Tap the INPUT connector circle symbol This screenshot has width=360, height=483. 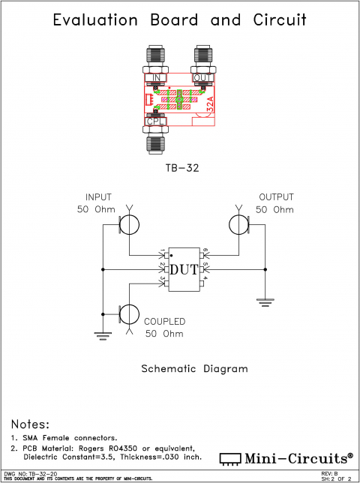(x=129, y=223)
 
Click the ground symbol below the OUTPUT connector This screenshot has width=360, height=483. (x=264, y=301)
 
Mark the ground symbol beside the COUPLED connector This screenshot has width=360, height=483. (x=102, y=335)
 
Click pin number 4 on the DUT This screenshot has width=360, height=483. (x=205, y=280)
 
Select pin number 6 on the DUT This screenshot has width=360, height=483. (x=205, y=251)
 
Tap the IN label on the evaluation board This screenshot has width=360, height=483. (x=156, y=79)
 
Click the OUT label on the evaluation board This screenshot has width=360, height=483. (x=202, y=79)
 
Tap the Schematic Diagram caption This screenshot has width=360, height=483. (x=194, y=369)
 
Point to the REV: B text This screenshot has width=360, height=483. (x=330, y=473)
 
